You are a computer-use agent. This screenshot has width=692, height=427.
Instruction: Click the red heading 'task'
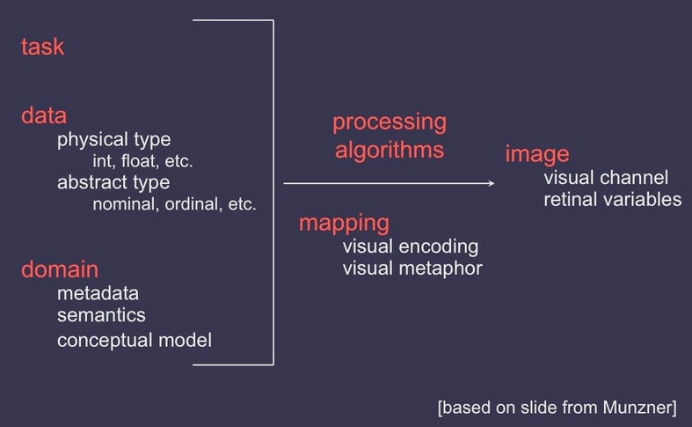(x=42, y=47)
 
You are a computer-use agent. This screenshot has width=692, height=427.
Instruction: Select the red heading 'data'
(x=43, y=115)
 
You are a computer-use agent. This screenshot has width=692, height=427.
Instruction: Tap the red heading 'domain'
(x=59, y=269)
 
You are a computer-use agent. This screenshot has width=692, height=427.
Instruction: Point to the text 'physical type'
(x=113, y=139)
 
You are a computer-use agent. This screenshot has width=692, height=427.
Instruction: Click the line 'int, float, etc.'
(x=142, y=161)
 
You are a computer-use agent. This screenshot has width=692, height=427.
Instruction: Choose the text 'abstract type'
(x=113, y=182)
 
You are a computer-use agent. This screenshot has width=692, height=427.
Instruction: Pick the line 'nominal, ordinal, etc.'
(x=174, y=204)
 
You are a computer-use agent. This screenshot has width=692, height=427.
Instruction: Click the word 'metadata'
(x=98, y=293)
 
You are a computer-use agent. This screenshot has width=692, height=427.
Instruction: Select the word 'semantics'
(x=101, y=314)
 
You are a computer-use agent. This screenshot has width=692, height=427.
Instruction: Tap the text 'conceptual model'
(x=135, y=339)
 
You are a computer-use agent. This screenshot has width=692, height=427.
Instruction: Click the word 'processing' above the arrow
(x=390, y=121)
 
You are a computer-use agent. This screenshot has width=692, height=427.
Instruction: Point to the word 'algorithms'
(x=390, y=149)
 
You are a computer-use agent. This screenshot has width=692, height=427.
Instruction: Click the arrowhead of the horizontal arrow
(x=491, y=183)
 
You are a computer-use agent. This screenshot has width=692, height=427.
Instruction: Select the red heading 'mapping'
(x=344, y=222)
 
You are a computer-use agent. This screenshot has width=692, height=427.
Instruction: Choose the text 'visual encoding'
(x=411, y=246)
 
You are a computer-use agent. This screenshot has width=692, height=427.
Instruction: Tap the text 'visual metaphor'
(x=412, y=268)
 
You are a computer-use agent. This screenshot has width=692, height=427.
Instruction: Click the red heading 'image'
(x=537, y=155)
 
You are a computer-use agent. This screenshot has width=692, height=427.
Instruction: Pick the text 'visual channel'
(x=606, y=177)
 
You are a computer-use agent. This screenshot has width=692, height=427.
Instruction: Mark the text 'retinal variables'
(x=612, y=199)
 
